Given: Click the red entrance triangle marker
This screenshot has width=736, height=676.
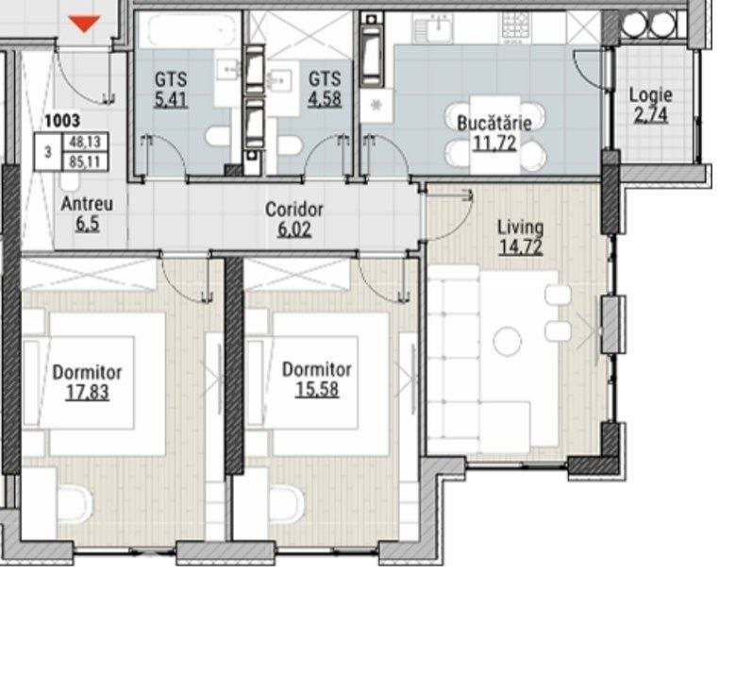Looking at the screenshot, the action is pos(84,24).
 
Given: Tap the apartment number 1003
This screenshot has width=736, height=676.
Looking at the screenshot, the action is pos(62,121).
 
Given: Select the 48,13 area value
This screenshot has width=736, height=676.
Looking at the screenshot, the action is pos(85,142).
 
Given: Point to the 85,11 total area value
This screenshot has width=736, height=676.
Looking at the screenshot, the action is pos(85,161).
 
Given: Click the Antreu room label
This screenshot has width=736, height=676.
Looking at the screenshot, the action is pos(88,204).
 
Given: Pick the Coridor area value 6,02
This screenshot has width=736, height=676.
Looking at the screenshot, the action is pos(294,229).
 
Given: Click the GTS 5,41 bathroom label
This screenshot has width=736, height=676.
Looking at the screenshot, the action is pos(172,90).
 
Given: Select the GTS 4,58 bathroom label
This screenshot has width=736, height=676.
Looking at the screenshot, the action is pos(325,89).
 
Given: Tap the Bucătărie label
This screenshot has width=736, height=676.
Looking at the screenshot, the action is pos(494,123).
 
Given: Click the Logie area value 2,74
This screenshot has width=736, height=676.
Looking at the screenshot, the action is pos(651,115).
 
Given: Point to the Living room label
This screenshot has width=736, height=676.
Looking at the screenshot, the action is pos(521,228).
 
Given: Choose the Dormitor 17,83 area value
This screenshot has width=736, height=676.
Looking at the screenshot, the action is pos(88,392).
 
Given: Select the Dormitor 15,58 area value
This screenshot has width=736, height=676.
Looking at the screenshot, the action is pos(317,389).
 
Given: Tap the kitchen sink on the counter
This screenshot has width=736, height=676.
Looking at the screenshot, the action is pos(433,27).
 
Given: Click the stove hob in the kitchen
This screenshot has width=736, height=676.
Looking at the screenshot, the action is pos(516,26).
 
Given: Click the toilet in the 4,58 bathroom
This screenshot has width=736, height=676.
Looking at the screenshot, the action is pos(288,145).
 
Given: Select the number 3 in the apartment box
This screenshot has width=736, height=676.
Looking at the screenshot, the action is pos(48,152).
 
